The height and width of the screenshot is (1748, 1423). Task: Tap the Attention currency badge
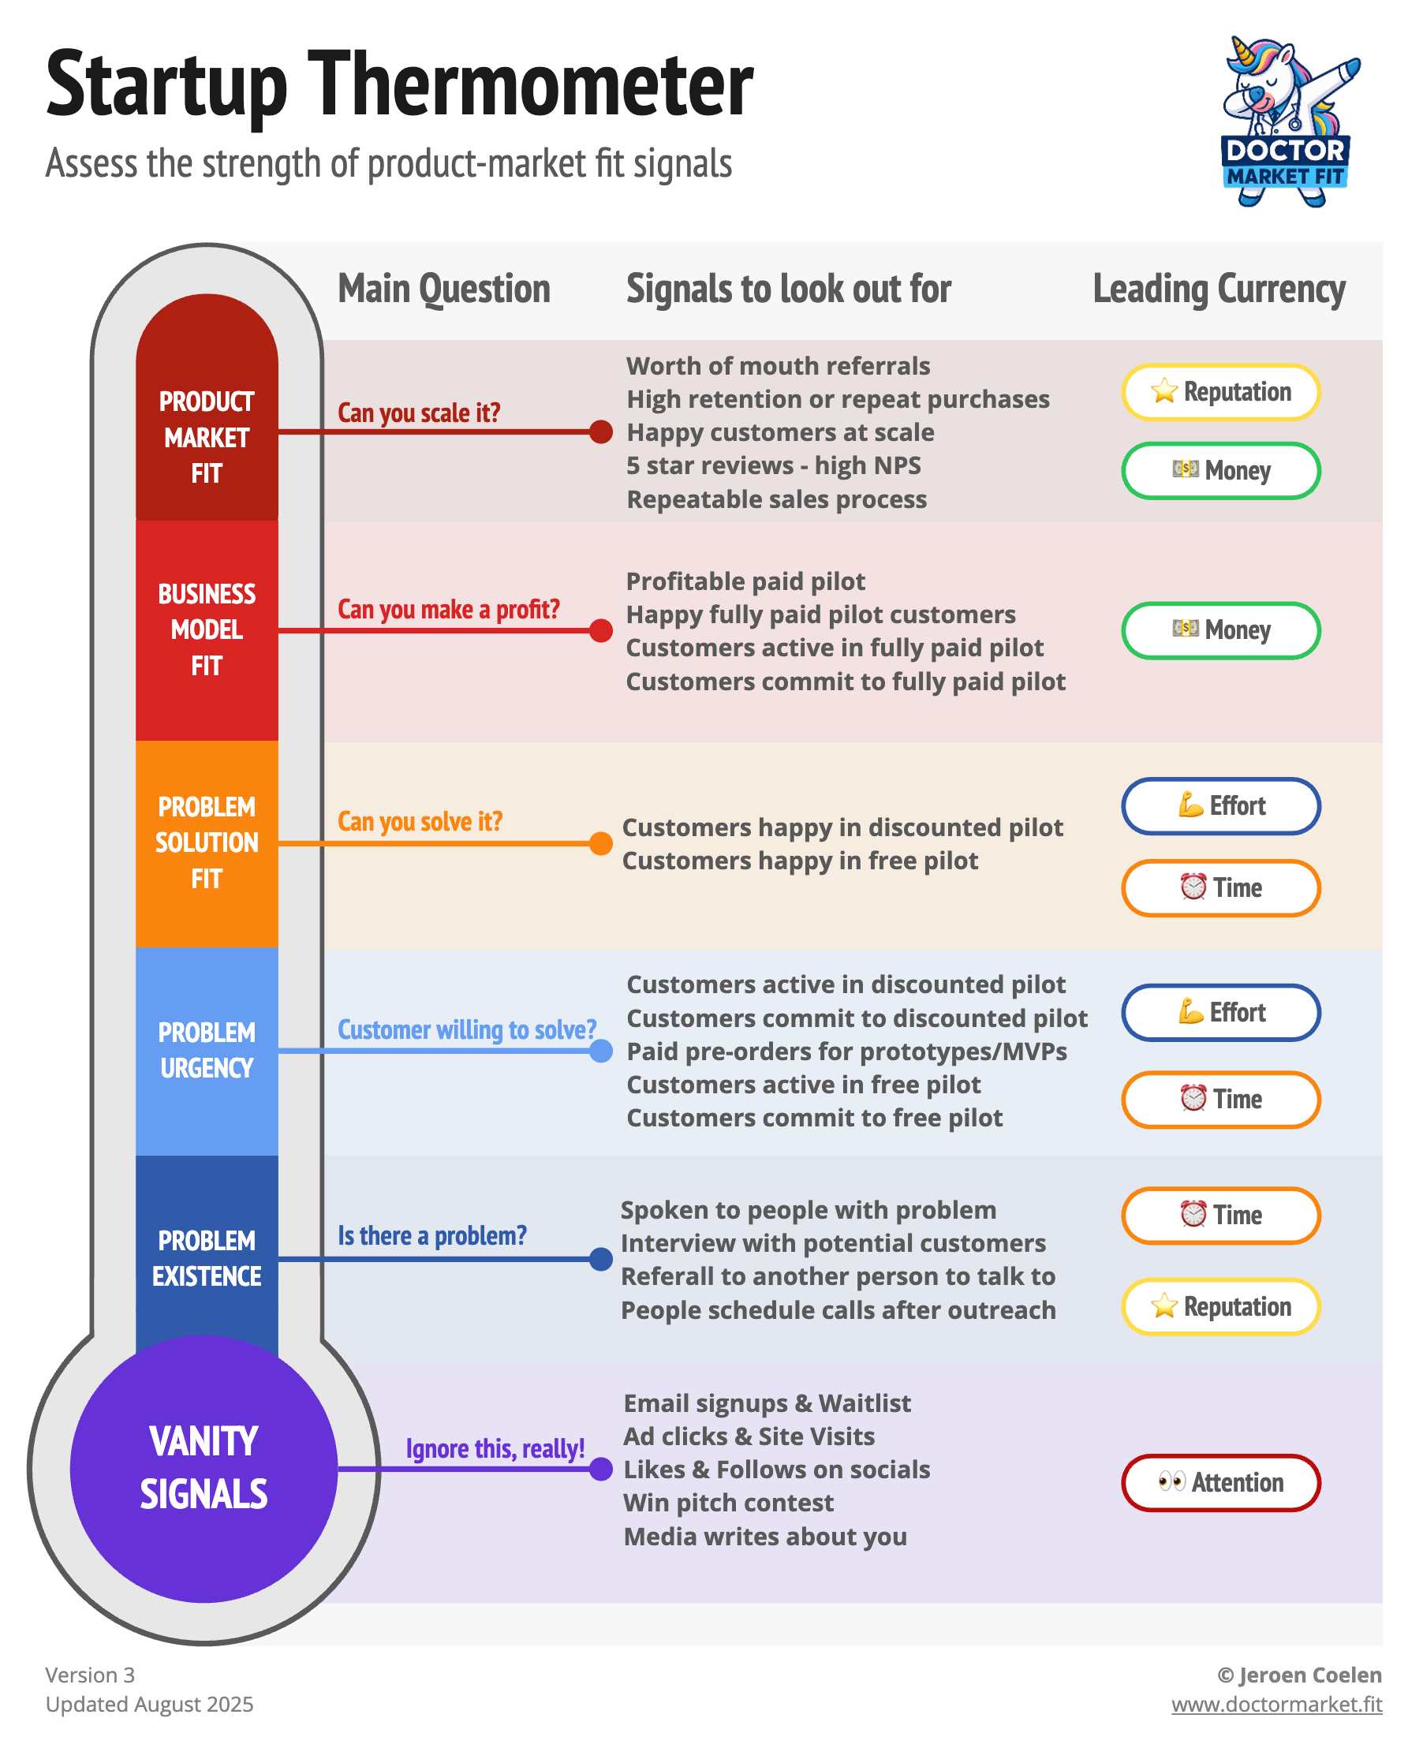point(1220,1481)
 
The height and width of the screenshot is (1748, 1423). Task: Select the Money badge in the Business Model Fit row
point(1220,630)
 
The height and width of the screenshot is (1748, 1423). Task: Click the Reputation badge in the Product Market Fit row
point(1220,392)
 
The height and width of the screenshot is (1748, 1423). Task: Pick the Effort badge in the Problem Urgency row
point(1220,1012)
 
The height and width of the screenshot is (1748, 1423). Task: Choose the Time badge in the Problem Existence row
point(1220,1215)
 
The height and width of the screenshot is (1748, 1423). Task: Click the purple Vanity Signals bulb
point(204,1468)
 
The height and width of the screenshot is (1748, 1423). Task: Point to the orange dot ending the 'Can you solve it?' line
point(601,843)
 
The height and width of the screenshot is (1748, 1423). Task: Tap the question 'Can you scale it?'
point(419,413)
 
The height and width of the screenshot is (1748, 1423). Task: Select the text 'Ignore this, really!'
point(495,1449)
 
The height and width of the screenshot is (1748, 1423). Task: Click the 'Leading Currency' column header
point(1219,289)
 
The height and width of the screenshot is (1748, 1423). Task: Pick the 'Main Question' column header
point(444,289)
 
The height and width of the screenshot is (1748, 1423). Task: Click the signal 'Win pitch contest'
point(728,1503)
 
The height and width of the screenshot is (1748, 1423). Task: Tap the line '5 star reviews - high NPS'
point(773,465)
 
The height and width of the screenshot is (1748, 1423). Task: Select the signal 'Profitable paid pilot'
point(745,581)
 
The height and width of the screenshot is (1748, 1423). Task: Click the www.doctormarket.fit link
point(1276,1704)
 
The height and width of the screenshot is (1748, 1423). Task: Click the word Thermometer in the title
point(530,84)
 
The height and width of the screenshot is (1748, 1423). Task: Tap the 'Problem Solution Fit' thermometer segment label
point(207,842)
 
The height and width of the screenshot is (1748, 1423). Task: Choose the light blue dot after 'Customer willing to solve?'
point(601,1051)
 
